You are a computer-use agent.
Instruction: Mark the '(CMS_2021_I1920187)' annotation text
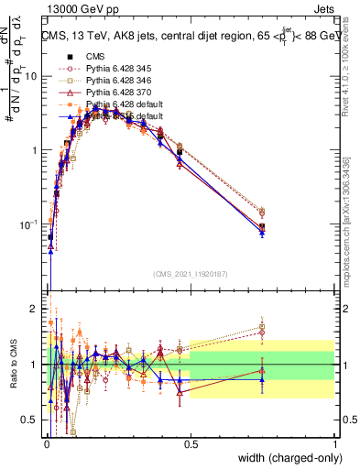coord(191,273)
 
